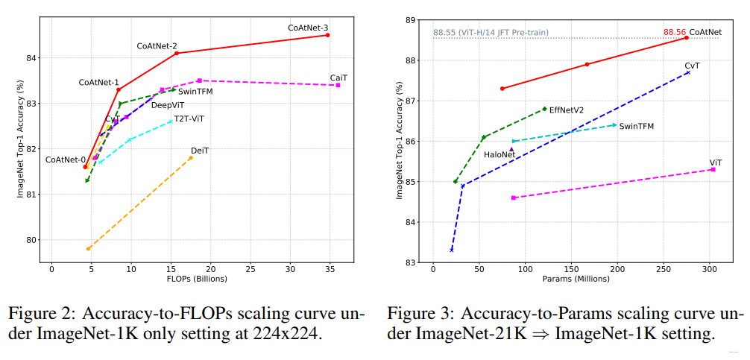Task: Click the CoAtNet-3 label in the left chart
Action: (308, 28)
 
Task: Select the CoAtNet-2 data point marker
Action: (176, 53)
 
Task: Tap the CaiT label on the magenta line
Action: (338, 78)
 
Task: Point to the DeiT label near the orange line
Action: (200, 151)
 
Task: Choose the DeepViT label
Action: (167, 105)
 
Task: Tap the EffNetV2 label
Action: (567, 110)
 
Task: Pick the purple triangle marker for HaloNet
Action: (511, 149)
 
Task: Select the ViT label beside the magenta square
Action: (716, 162)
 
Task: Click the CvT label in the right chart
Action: (692, 66)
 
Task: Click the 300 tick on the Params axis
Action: (710, 268)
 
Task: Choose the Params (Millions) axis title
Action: (576, 279)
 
